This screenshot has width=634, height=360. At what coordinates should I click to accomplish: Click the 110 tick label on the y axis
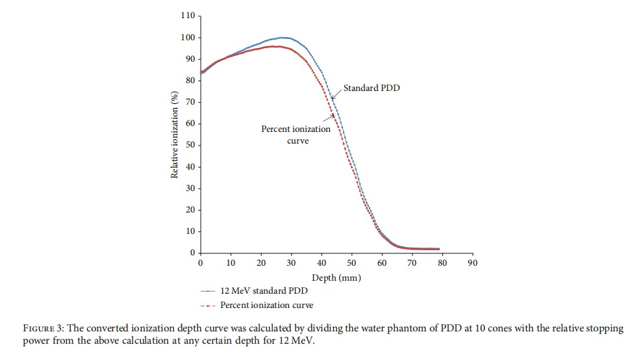(188, 16)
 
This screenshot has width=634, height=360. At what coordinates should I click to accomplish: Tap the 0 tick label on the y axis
(193, 253)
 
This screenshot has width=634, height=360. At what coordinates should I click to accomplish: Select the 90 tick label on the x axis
(472, 263)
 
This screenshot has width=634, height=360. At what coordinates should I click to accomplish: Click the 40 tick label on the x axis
(321, 263)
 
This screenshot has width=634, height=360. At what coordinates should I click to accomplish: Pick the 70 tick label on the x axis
(411, 263)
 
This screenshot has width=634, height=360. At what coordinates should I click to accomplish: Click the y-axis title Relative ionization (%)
(175, 135)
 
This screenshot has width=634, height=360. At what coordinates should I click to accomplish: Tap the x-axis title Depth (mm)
(336, 277)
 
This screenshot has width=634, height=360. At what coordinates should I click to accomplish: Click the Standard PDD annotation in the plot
(372, 88)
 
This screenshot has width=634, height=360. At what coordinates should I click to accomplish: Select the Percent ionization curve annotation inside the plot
(296, 135)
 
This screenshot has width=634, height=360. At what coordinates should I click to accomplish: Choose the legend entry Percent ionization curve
(267, 305)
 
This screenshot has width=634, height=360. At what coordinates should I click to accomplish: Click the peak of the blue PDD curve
(283, 38)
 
